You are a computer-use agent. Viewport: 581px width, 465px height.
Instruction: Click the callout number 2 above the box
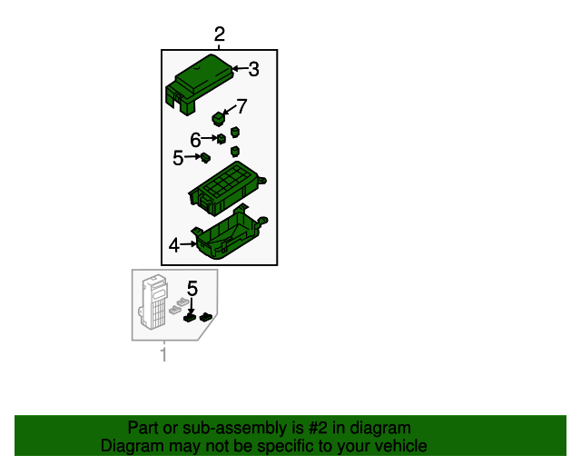(220, 35)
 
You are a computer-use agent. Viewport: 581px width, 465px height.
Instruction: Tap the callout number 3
(253, 69)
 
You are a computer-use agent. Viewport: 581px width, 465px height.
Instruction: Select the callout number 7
(241, 106)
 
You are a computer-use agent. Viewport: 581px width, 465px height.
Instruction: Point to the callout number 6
(195, 140)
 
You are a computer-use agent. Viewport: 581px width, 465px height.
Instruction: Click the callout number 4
(174, 245)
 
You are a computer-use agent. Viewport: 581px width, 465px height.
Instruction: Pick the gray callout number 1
(163, 354)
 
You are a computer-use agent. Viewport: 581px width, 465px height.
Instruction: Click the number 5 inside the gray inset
(192, 289)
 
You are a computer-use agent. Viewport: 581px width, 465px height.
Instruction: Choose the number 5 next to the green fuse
(178, 158)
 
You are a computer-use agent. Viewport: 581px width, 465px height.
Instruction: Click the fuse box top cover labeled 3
(200, 84)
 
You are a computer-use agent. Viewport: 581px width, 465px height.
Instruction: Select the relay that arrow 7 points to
(219, 119)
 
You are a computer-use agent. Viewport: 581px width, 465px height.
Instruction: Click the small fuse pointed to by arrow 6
(222, 139)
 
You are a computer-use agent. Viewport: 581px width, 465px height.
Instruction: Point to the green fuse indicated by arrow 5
(205, 158)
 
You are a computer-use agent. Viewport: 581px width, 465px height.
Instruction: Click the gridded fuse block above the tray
(227, 188)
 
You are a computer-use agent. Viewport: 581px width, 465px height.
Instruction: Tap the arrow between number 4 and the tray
(188, 244)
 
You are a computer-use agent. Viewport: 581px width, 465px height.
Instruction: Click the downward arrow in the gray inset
(192, 306)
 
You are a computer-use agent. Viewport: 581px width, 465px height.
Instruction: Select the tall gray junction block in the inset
(154, 302)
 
